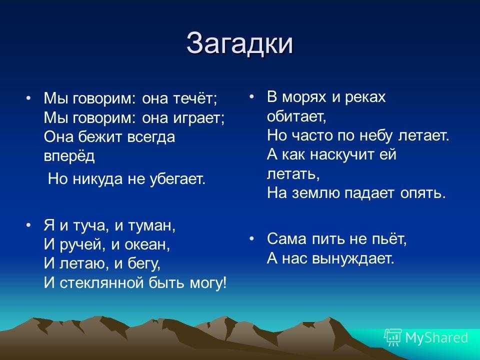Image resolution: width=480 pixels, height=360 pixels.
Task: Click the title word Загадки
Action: [239, 43]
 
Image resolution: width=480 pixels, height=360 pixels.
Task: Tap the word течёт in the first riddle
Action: [195, 98]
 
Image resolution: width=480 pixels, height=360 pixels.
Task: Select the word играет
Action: [198, 118]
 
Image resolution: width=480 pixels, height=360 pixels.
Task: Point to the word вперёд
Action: [69, 156]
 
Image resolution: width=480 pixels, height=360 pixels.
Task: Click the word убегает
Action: [177, 179]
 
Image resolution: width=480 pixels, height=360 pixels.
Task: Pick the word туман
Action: [151, 226]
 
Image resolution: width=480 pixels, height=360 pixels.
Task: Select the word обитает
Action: [296, 116]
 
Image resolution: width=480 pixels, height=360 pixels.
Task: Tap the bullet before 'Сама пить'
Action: [251, 239]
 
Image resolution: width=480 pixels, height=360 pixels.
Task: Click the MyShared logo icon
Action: [393, 337]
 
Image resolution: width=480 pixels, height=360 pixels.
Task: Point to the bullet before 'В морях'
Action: [251, 96]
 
